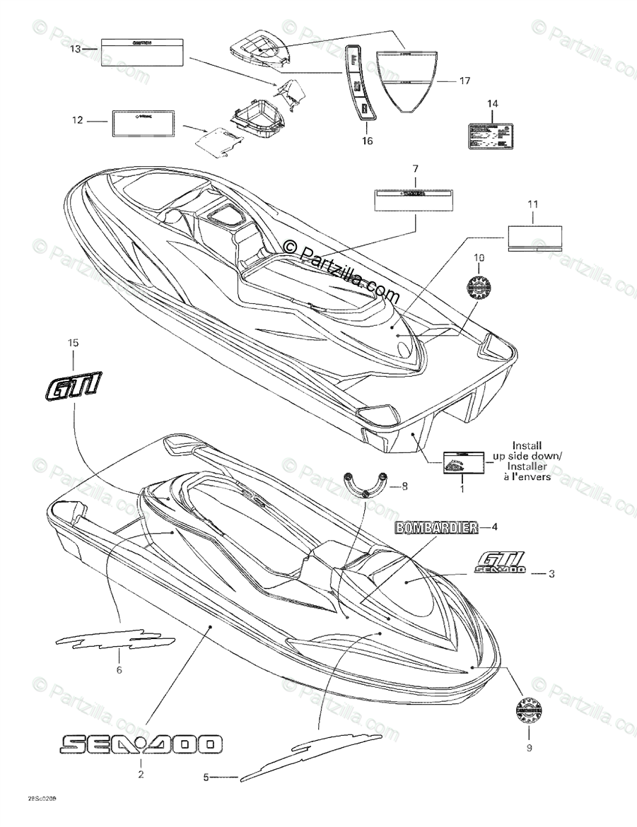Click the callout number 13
click(x=76, y=49)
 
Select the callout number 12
click(x=76, y=121)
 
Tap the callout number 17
click(x=464, y=81)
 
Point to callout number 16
click(x=366, y=141)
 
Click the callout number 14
click(x=493, y=104)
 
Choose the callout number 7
click(x=415, y=169)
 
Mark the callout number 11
click(x=533, y=205)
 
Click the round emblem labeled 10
click(x=479, y=287)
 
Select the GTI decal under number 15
click(x=72, y=387)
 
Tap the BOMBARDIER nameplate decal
click(x=433, y=527)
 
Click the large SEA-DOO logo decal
click(x=141, y=744)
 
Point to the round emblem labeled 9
click(x=529, y=710)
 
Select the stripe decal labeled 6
click(x=115, y=640)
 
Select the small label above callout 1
click(x=463, y=463)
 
